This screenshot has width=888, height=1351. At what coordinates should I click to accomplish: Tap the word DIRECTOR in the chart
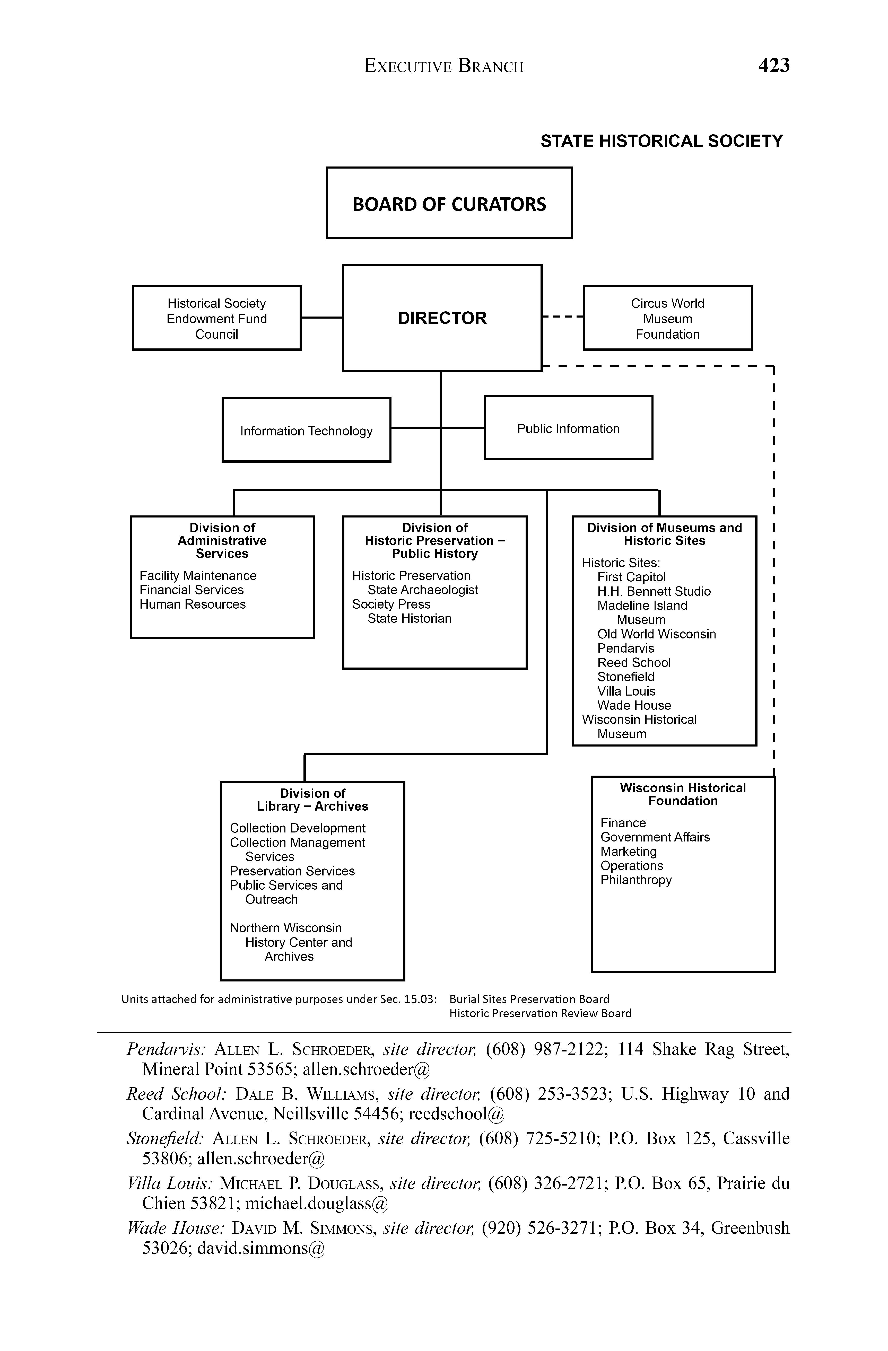(x=442, y=318)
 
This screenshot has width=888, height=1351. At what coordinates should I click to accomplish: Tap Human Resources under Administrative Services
(x=193, y=604)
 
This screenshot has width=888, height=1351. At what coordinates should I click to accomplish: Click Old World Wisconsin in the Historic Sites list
(x=656, y=634)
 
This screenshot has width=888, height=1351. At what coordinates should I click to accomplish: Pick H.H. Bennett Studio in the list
(x=654, y=592)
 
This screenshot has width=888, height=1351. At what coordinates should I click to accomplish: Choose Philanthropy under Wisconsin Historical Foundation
(x=636, y=880)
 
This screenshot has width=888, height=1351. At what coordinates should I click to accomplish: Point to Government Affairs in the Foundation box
(x=655, y=837)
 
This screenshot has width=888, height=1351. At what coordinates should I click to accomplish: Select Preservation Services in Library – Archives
(x=292, y=871)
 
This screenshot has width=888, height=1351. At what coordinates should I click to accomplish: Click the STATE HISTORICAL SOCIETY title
(x=661, y=141)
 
